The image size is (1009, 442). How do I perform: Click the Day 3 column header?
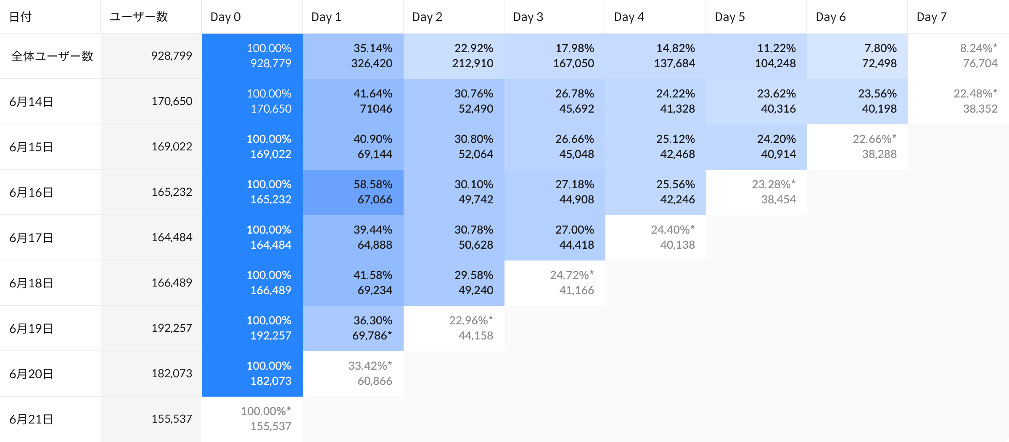[528, 17]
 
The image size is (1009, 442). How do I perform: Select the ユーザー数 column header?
[139, 17]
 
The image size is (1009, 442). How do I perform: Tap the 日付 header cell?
[20, 17]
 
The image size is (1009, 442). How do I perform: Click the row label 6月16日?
[31, 192]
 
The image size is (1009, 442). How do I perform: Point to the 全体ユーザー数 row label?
[52, 56]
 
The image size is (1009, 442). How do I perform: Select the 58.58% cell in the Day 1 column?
[353, 192]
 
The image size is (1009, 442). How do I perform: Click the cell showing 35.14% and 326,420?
[353, 56]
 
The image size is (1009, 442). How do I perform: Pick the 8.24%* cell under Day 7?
[959, 56]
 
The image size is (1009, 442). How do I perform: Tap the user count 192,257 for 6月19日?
[172, 328]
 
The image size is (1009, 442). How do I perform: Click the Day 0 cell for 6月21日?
[252, 419]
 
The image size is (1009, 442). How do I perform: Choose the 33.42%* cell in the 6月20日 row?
[353, 374]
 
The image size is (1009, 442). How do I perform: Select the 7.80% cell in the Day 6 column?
[858, 56]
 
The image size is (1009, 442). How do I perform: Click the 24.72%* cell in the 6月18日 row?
[555, 283]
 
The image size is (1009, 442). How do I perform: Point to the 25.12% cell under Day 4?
[656, 147]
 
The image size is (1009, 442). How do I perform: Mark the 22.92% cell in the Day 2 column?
[454, 56]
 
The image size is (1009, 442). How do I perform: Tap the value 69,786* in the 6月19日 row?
[372, 336]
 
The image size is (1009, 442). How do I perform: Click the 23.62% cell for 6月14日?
[757, 101]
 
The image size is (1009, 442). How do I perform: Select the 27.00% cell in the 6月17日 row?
[555, 237]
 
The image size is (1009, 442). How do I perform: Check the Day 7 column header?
[932, 17]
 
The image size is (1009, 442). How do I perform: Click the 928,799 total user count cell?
[172, 56]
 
